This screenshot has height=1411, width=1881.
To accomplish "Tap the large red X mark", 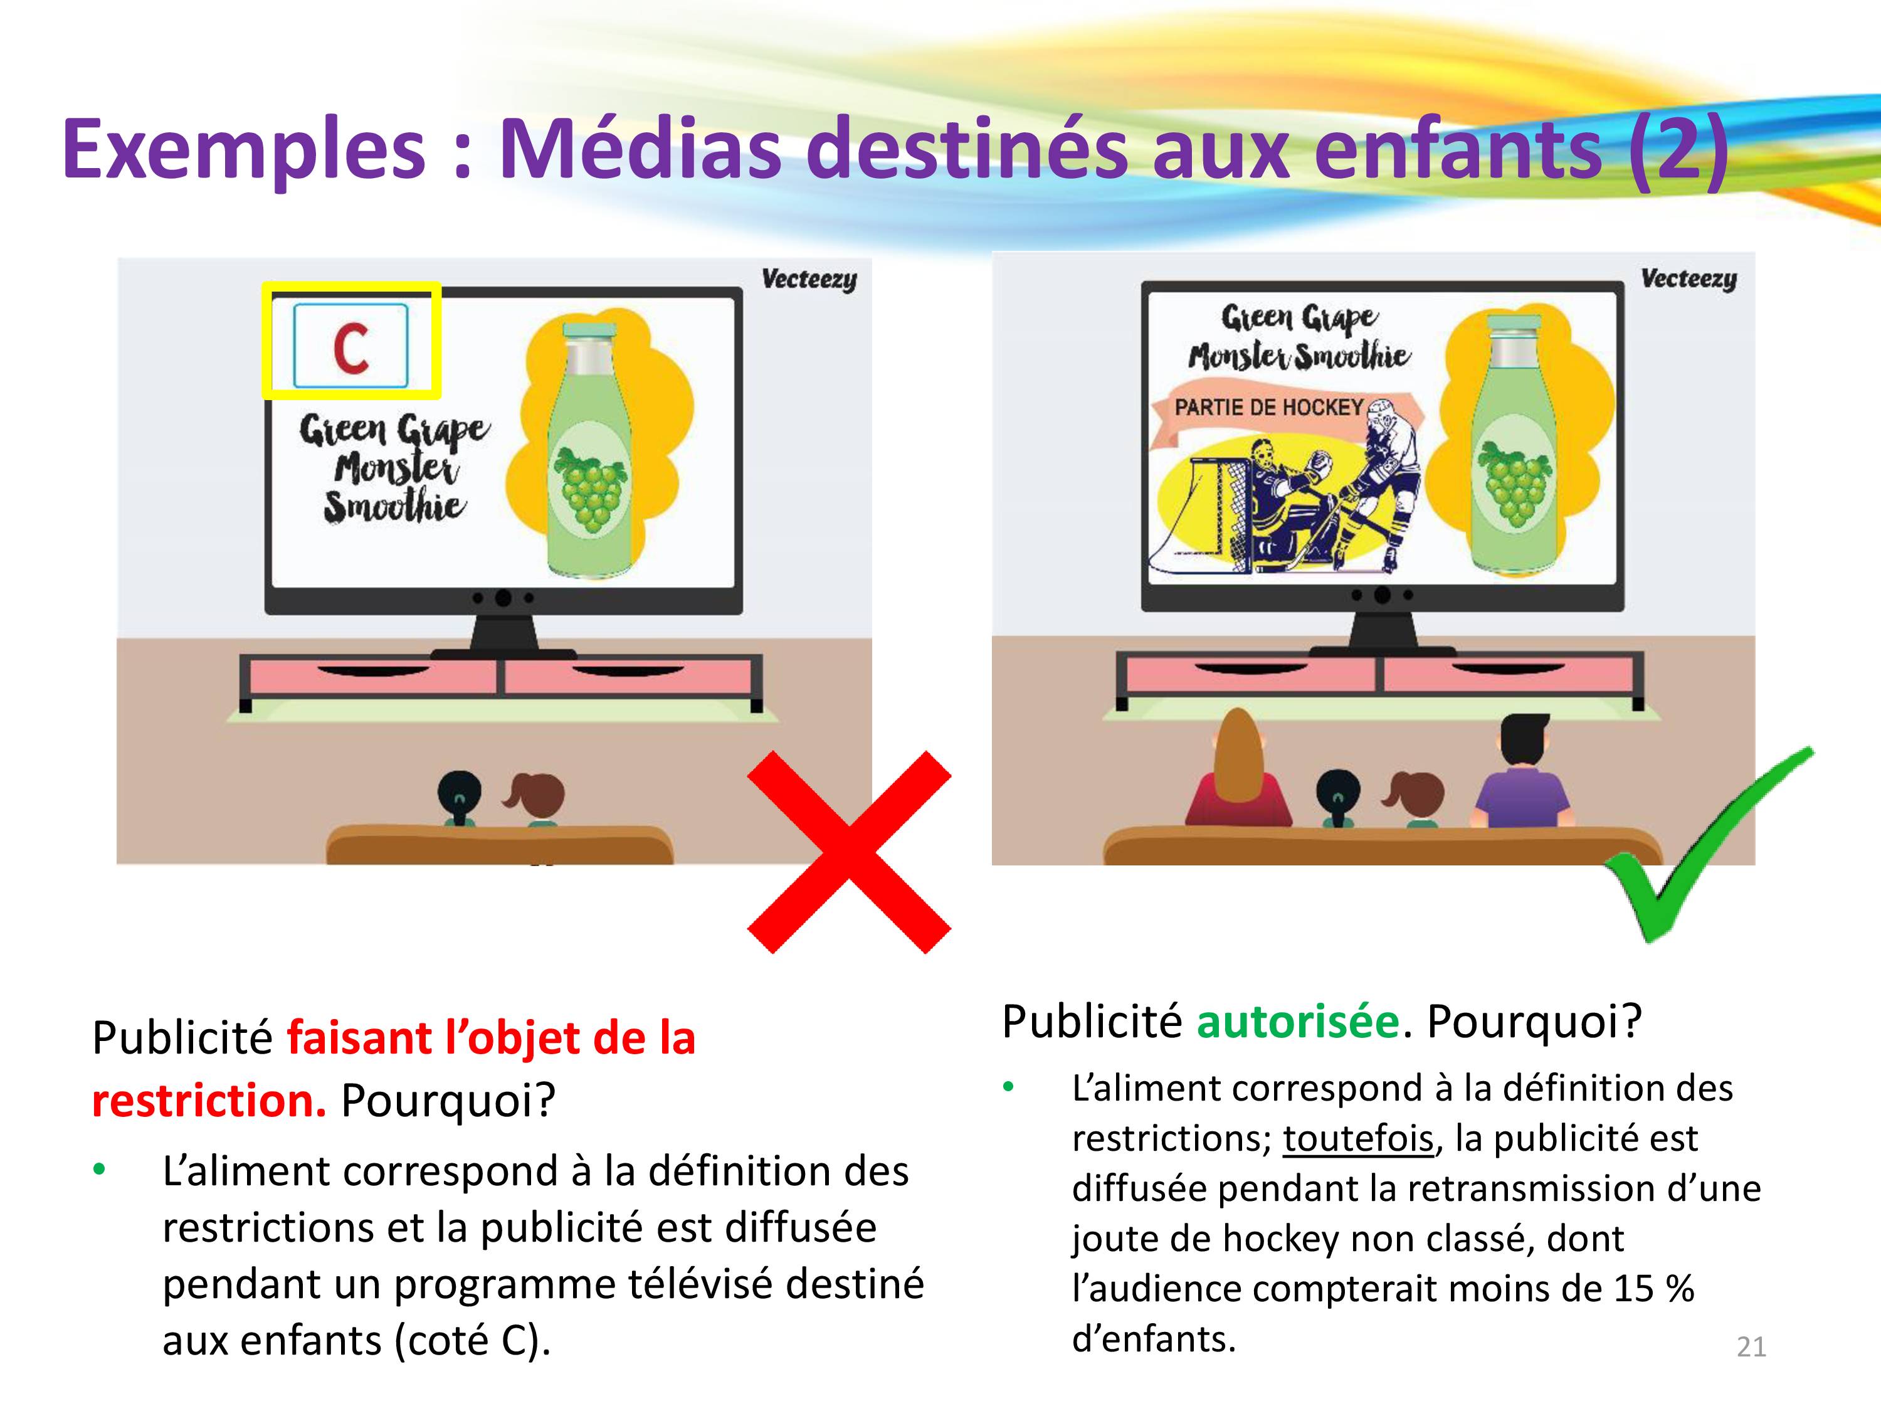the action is pyautogui.click(x=849, y=852).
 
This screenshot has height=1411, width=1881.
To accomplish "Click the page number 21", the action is pyautogui.click(x=1751, y=1347).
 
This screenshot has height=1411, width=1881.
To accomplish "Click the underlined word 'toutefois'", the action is pyautogui.click(x=1358, y=1138).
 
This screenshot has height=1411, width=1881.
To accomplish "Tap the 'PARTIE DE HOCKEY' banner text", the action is pyautogui.click(x=1269, y=408).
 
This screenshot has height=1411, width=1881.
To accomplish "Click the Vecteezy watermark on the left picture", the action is pyautogui.click(x=809, y=280).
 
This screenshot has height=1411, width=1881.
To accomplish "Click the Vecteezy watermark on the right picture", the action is pyautogui.click(x=1689, y=279).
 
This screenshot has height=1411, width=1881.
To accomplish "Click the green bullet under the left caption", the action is pyautogui.click(x=100, y=1170).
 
